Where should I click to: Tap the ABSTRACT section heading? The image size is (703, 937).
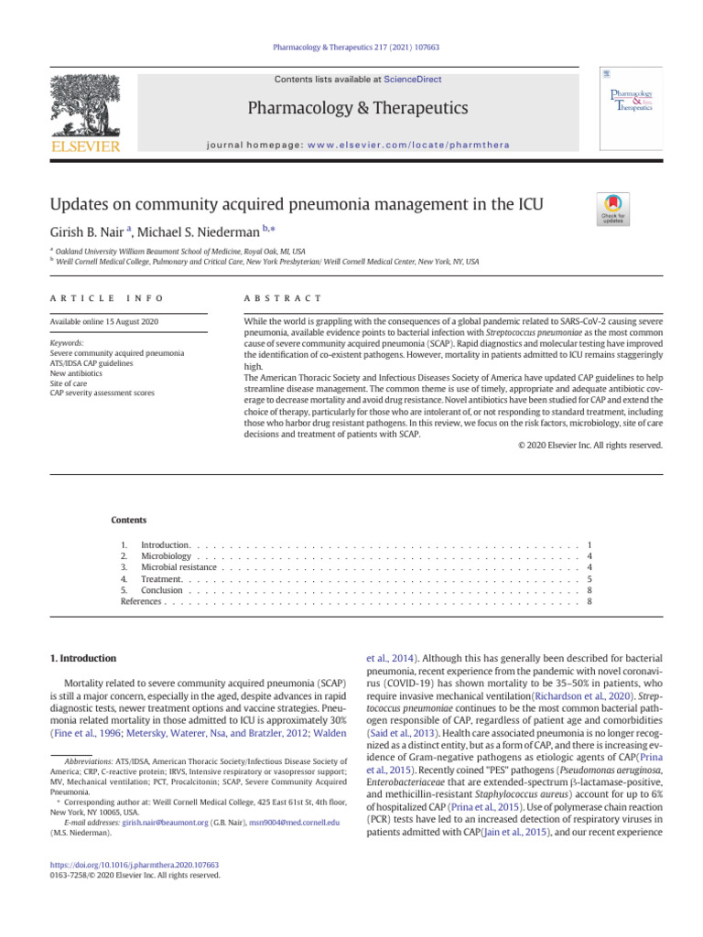tap(283, 298)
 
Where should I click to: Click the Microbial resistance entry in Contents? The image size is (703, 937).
tap(178, 567)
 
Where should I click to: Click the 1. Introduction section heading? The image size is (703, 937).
tap(81, 658)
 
